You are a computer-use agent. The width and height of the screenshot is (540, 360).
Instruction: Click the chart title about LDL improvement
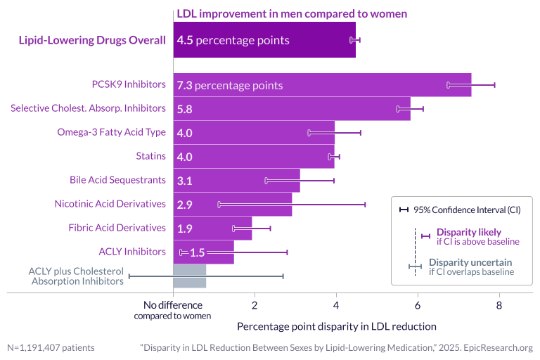[x=292, y=13]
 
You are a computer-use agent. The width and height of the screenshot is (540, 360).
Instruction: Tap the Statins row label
[x=150, y=156]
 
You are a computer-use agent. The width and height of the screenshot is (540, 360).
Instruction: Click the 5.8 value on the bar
[x=185, y=109]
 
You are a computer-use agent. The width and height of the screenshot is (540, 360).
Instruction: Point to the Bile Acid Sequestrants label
[x=117, y=180]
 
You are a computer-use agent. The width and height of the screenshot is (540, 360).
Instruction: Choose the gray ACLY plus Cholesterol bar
[x=190, y=276]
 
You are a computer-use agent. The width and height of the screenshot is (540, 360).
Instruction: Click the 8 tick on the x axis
[x=499, y=305]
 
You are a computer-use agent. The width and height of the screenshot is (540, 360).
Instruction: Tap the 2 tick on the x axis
[x=255, y=305]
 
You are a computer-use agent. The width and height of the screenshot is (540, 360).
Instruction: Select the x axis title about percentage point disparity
[x=336, y=326]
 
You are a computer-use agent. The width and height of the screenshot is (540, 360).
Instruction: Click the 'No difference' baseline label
[x=172, y=310]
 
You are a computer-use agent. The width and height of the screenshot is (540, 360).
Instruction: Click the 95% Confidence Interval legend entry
[x=461, y=210]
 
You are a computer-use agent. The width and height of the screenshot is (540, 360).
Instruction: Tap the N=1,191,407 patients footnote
[x=51, y=347]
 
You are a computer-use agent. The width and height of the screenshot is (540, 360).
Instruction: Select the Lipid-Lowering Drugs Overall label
[x=91, y=40]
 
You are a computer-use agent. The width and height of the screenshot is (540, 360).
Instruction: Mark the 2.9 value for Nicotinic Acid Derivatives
[x=185, y=205]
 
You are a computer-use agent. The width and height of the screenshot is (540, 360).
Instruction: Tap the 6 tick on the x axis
[x=418, y=305]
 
